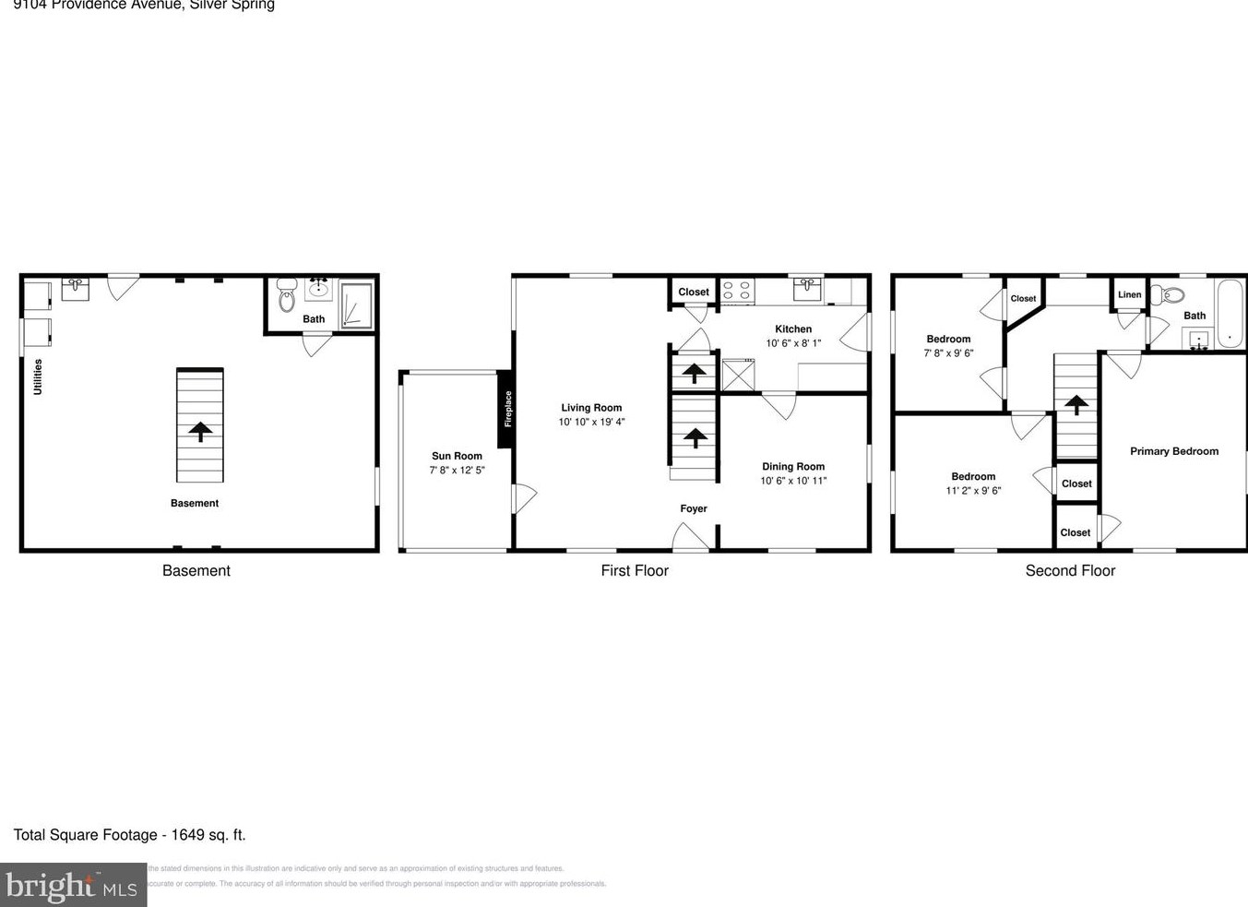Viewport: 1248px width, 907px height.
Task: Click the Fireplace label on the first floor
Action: [x=507, y=409]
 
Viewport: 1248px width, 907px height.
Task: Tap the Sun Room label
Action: [x=457, y=456]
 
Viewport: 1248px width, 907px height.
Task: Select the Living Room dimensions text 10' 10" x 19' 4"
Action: [x=591, y=422]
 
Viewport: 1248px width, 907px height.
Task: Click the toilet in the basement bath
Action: [x=286, y=296]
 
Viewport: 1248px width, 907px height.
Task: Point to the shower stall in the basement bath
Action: [x=356, y=304]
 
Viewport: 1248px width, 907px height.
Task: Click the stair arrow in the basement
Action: [x=200, y=429]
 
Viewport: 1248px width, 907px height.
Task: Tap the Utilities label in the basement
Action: [x=38, y=376]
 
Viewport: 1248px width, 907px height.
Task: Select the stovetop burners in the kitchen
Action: [x=736, y=292]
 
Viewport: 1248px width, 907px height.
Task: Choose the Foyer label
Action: [x=694, y=508]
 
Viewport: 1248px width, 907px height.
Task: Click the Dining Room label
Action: [x=793, y=467]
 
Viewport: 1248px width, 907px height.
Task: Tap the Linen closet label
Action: [x=1130, y=295]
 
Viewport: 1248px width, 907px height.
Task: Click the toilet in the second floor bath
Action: [x=1170, y=295]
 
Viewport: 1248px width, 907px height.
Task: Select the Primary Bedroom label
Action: [x=1174, y=451]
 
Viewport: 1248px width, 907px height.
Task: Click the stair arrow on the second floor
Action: [x=1076, y=403]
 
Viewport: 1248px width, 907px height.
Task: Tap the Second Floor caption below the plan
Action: [x=1070, y=570]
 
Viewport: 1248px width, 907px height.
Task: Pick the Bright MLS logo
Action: [x=73, y=885]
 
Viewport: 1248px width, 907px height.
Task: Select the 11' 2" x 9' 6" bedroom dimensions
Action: [x=973, y=491]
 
